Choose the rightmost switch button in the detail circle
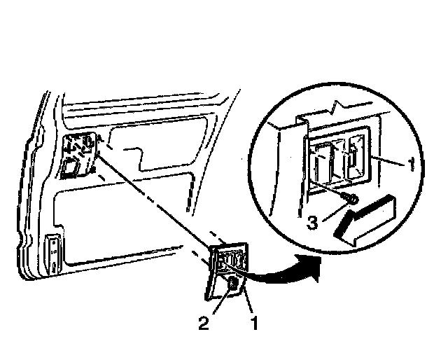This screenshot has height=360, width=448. tap(356, 157)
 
